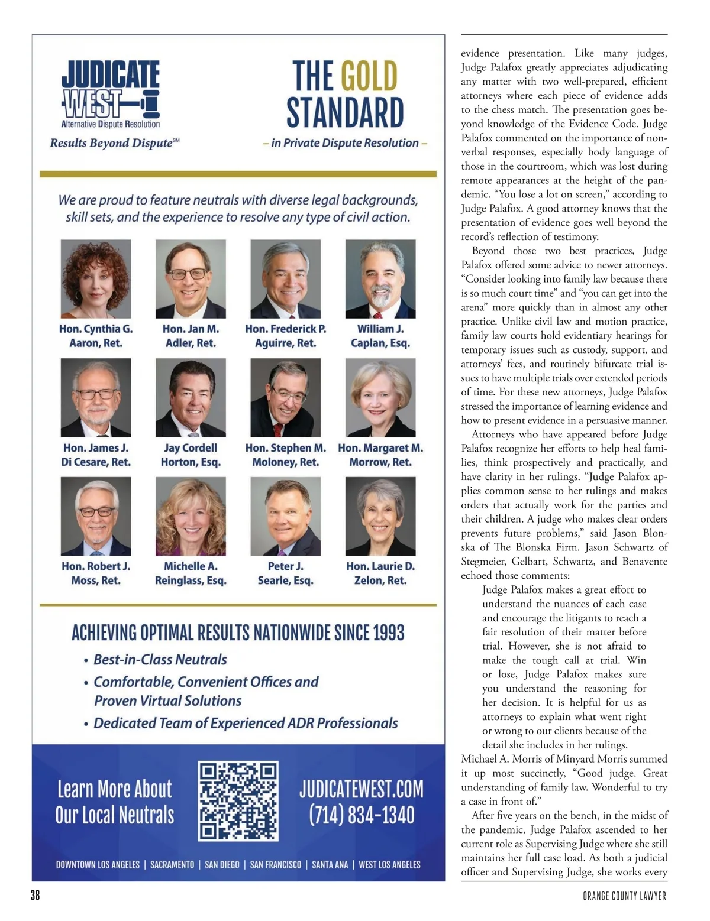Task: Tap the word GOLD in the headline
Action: [369, 77]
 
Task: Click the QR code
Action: [238, 801]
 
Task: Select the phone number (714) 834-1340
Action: [362, 815]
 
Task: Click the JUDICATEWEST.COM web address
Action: [362, 789]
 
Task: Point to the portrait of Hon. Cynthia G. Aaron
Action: [96, 279]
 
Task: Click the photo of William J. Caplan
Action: [380, 279]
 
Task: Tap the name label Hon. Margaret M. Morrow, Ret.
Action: [380, 455]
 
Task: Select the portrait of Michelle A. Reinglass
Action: [191, 516]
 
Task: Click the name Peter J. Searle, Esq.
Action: [285, 573]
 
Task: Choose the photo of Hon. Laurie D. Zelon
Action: [380, 516]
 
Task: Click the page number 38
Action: [35, 896]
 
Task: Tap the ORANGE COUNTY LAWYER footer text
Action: [624, 896]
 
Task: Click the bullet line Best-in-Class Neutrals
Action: [160, 660]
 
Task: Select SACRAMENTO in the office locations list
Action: [172, 865]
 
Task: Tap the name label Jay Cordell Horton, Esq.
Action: [191, 455]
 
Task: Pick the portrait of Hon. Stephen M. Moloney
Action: [285, 397]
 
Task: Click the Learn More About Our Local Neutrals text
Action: [115, 802]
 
